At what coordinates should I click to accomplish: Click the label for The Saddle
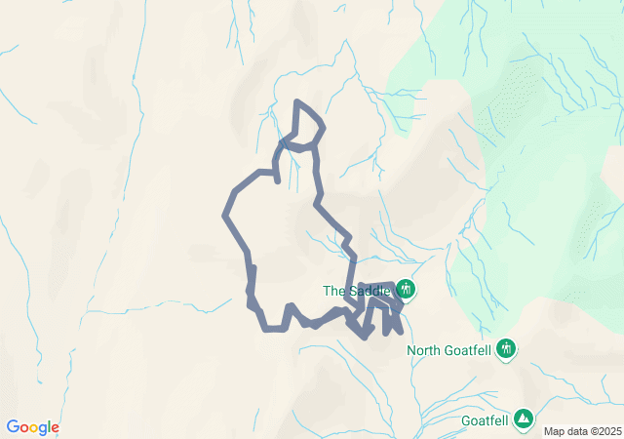(357, 291)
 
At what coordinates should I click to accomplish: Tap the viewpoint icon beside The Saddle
(405, 290)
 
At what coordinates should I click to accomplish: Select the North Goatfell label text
(449, 350)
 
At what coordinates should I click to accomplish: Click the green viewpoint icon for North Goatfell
(506, 348)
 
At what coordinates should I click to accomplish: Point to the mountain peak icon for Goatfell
(525, 419)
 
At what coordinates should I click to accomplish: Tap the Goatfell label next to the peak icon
(485, 421)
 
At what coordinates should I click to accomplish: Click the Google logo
(32, 427)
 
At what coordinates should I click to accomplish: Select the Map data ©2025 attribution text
(581, 431)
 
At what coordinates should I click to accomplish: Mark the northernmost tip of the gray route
(297, 101)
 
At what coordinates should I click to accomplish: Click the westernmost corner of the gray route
(225, 214)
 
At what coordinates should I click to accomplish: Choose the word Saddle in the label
(370, 291)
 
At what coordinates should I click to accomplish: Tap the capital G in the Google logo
(13, 427)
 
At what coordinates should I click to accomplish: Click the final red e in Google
(55, 428)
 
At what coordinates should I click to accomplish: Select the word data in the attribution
(575, 431)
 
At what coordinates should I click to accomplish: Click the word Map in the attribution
(554, 431)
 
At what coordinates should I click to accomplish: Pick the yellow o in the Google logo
(33, 428)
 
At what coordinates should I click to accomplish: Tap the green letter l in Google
(49, 427)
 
